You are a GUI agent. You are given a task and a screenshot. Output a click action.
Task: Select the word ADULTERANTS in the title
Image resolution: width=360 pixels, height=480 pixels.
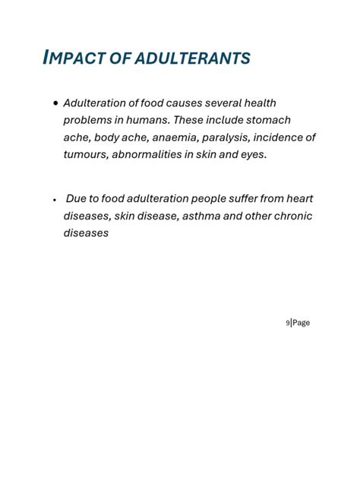194,58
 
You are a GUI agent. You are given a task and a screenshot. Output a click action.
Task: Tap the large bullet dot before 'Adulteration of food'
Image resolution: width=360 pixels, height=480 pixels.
56,103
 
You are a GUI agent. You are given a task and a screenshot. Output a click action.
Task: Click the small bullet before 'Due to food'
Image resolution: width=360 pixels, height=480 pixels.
55,200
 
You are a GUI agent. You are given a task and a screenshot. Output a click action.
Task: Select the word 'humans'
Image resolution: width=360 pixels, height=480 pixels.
145,120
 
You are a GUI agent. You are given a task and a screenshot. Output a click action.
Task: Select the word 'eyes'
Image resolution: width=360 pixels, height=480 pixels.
253,155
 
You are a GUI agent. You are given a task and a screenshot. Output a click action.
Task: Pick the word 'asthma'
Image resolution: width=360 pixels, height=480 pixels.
207,216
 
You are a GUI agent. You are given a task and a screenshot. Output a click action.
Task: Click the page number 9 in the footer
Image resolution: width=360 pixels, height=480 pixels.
287,324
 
